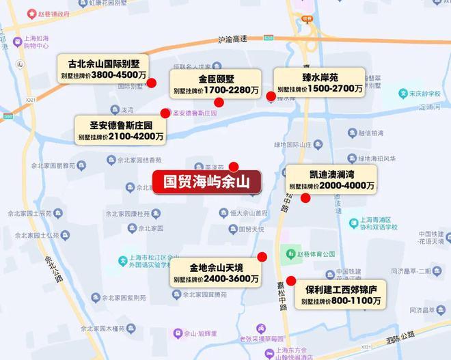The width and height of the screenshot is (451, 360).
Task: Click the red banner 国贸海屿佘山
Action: point(206,183)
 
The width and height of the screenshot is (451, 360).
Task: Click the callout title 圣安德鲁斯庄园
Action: point(121,126)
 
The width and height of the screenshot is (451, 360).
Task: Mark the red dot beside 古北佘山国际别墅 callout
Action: point(152,83)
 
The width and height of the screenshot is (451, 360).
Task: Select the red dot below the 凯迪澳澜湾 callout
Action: point(305,198)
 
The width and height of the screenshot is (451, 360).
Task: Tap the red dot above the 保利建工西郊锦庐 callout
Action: point(291,280)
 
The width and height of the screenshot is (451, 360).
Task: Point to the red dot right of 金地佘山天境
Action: point(260,257)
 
